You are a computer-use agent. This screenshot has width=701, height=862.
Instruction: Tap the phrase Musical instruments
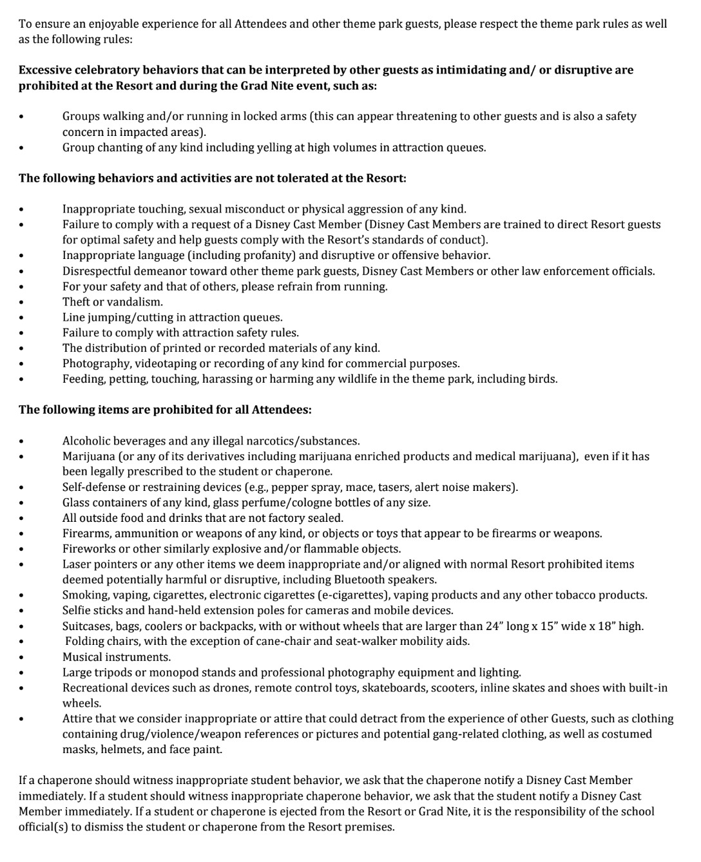pyautogui.click(x=117, y=657)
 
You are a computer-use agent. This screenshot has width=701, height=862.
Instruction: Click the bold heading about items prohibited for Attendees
pyautogui.click(x=165, y=410)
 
